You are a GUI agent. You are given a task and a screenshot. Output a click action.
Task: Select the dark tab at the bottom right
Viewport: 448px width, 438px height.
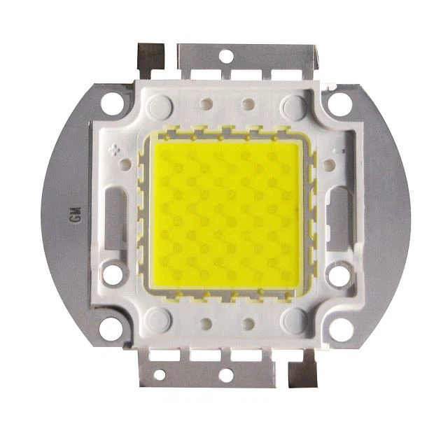point(302,375)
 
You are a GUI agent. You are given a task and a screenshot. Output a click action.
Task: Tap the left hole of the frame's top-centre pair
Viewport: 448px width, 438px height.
point(206,105)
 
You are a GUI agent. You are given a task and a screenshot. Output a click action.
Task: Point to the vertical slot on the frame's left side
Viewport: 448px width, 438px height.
point(114,215)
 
